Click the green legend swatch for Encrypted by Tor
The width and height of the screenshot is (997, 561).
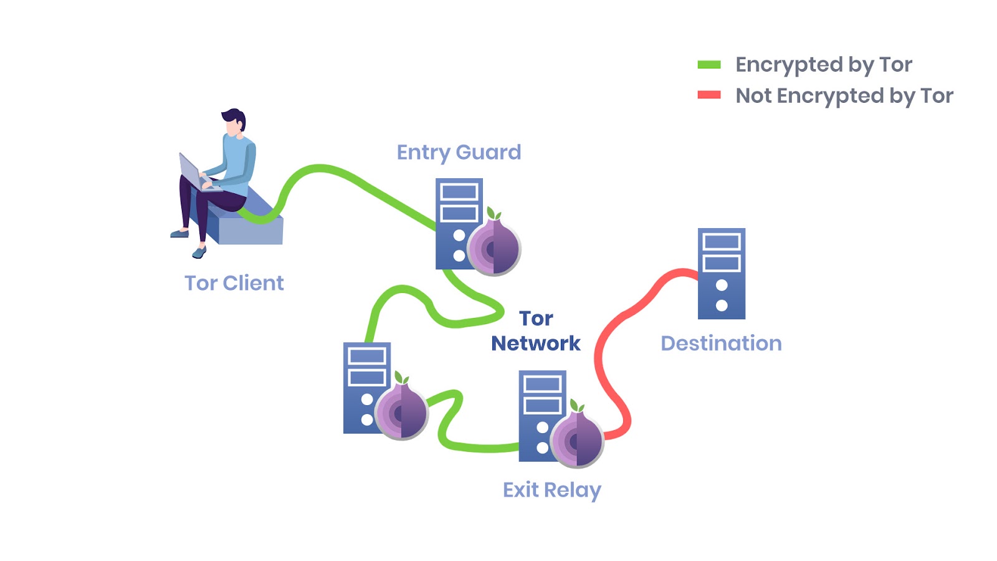tap(709, 64)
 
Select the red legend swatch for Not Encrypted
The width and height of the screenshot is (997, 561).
tap(709, 95)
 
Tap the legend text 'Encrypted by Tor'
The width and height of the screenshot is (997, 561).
tap(823, 65)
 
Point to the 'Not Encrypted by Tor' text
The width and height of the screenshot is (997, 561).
tap(844, 96)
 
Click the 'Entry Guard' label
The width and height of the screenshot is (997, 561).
tap(459, 152)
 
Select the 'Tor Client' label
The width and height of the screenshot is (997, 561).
tap(234, 283)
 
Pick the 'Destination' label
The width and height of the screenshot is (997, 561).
tap(721, 343)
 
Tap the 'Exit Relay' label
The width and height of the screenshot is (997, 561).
tap(551, 490)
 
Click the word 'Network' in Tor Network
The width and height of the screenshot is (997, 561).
tap(535, 343)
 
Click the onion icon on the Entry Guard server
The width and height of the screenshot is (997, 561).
tap(494, 247)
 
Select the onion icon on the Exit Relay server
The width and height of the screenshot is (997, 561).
tap(577, 439)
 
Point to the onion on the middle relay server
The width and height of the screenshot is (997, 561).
tap(401, 412)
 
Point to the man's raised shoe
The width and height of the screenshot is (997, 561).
tap(199, 252)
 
